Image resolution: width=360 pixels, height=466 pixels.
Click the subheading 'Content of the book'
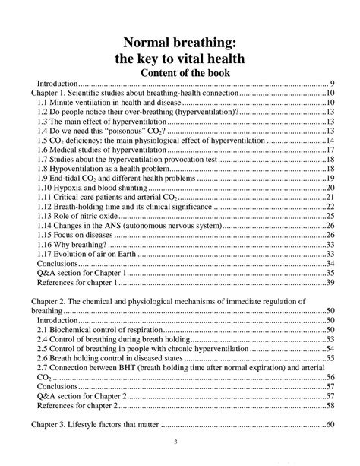point(180,72)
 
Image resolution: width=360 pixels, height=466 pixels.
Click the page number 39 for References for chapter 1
point(331,282)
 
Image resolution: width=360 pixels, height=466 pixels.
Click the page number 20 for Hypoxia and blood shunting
point(331,188)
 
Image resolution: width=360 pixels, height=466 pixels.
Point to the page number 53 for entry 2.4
point(331,339)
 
